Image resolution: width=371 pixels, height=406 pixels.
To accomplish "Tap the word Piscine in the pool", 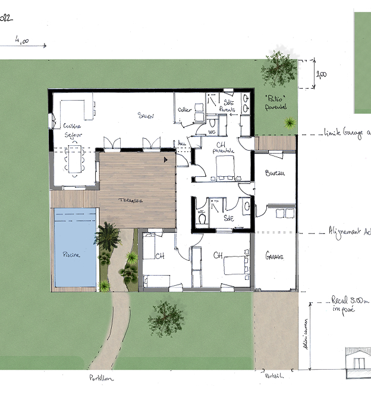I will click(x=73, y=254).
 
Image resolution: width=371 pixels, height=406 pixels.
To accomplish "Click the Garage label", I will click(x=274, y=257).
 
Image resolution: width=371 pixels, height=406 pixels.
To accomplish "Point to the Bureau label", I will click(x=274, y=174).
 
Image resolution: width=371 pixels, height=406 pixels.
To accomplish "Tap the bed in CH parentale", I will click(x=225, y=170).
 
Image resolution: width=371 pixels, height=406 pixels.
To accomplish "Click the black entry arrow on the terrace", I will click(x=166, y=160).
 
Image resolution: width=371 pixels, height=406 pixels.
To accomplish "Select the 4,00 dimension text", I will click(x=22, y=42).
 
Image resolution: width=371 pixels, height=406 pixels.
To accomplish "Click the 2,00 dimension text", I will click(x=321, y=75).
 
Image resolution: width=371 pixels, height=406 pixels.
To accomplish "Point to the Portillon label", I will click(x=101, y=378).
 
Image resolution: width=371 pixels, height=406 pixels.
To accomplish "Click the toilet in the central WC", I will click(x=203, y=218).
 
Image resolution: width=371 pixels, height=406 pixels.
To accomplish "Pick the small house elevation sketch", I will click(x=359, y=360).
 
